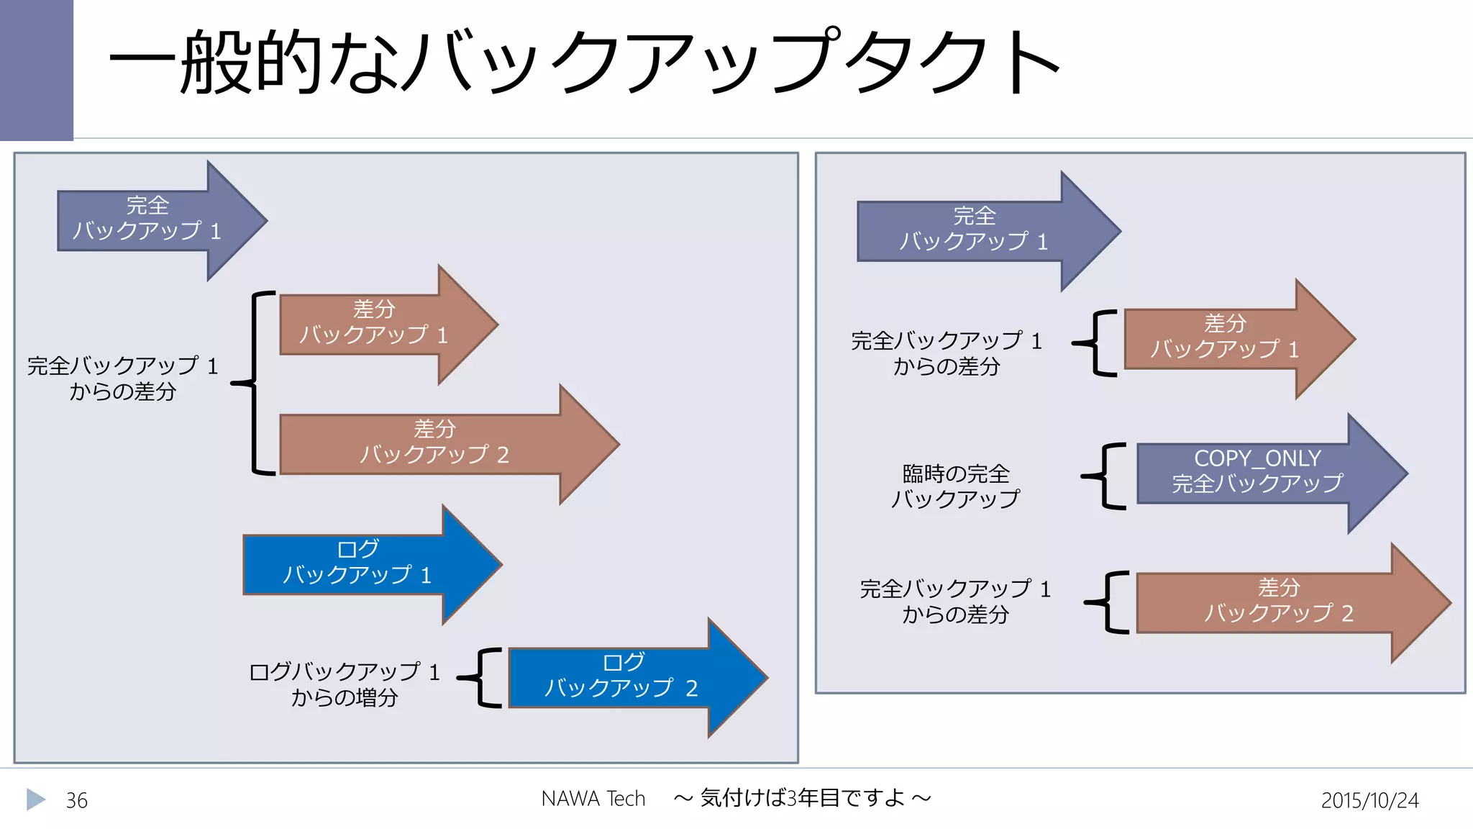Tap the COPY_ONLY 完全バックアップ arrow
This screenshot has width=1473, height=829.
[x=1257, y=472]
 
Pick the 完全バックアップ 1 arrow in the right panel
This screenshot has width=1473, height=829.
[x=975, y=230]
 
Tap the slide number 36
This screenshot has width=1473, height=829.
[x=77, y=800]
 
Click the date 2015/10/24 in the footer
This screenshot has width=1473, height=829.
[x=1369, y=800]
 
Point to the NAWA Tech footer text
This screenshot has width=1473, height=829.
[x=593, y=799]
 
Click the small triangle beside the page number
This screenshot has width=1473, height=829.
[x=35, y=799]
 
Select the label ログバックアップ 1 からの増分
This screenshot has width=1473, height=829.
[x=345, y=684]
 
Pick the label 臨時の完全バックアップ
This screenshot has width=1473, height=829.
[x=956, y=486]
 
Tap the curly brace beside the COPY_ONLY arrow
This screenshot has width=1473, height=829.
[x=1106, y=476]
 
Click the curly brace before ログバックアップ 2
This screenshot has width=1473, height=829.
[x=483, y=677]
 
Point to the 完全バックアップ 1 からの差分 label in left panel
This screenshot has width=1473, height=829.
[x=123, y=379]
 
